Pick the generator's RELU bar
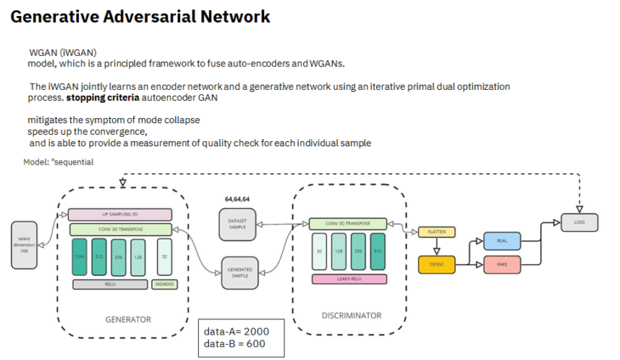[110, 284]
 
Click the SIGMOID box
[164, 284]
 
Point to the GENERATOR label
[127, 320]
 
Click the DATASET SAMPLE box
[237, 222]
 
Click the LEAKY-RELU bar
[350, 278]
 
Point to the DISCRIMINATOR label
[351, 316]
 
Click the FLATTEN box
[436, 231]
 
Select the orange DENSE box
[436, 264]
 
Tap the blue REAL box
[500, 241]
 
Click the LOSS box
[579, 222]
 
